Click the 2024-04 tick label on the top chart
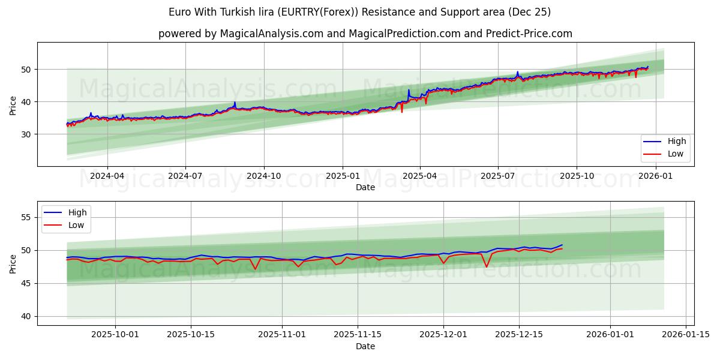pos(107,176)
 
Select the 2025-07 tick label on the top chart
pos(498,176)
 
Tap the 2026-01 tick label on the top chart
pos(655,176)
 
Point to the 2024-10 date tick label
pos(264,176)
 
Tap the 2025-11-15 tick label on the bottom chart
pos(358,335)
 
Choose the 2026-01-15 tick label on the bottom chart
pos(686,335)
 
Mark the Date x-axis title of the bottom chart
pos(365,346)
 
